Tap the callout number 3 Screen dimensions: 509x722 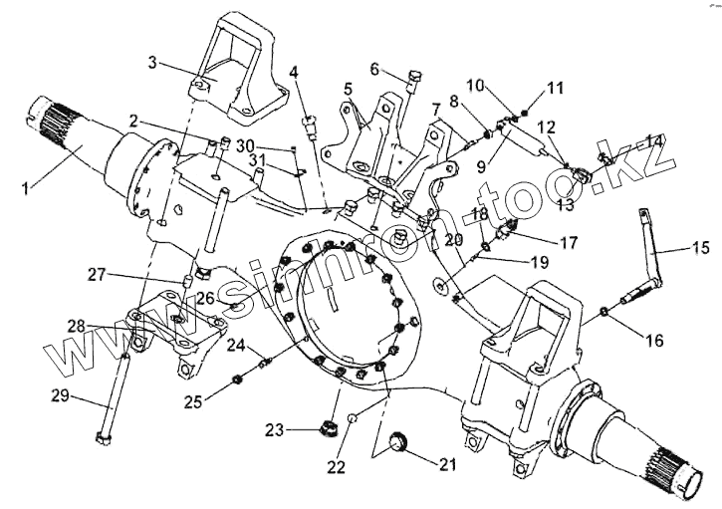pyautogui.click(x=152, y=63)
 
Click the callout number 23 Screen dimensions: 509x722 pyautogui.click(x=274, y=430)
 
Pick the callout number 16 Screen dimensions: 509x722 pyautogui.click(x=652, y=340)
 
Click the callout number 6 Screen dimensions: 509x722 pyautogui.click(x=375, y=69)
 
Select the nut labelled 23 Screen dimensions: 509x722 pyautogui.click(x=325, y=430)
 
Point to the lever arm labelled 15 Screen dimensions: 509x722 pyautogui.click(x=652, y=254)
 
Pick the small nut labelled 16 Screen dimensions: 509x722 pyautogui.click(x=605, y=317)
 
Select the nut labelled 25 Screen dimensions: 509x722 pyautogui.click(x=239, y=379)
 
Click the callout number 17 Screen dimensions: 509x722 pyautogui.click(x=568, y=242)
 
